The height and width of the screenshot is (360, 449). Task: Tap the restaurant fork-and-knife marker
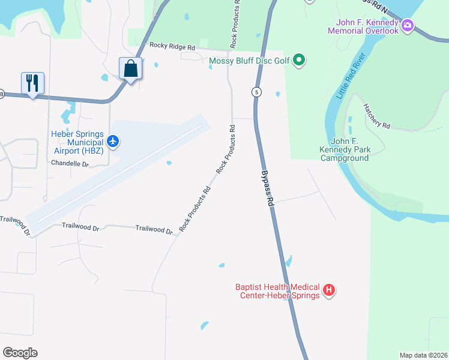tap(32, 82)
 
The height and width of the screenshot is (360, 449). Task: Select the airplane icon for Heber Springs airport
tap(113, 142)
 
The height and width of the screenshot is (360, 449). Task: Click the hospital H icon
tap(328, 291)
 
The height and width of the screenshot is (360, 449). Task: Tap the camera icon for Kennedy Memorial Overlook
tap(408, 25)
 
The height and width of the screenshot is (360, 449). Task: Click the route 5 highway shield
tap(256, 92)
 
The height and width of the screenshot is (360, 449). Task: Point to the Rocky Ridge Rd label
tap(172, 46)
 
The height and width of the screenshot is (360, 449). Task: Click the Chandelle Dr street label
tap(70, 163)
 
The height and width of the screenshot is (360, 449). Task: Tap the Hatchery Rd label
tap(376, 116)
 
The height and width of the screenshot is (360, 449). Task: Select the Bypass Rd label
tap(267, 188)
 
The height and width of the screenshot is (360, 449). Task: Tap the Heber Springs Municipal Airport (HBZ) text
tap(77, 142)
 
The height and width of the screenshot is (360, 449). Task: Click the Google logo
tap(20, 353)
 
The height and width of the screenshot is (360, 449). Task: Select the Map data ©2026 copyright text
tap(423, 355)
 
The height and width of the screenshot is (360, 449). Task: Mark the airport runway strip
tap(118, 174)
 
